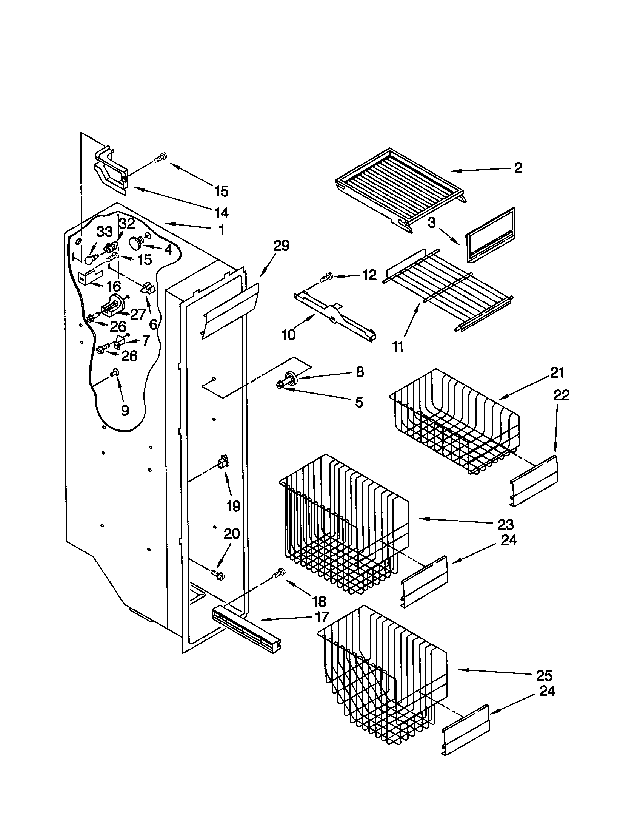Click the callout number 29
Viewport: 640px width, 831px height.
(x=282, y=246)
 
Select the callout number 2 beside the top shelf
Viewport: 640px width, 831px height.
(x=518, y=168)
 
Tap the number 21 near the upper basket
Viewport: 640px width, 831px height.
(x=557, y=372)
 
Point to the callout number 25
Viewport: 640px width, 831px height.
(x=544, y=675)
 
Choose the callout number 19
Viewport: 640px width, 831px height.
(x=233, y=506)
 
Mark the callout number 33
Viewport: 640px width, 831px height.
(x=105, y=231)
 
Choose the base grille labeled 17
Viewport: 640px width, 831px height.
(x=246, y=630)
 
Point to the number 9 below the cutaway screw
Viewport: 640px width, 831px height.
(x=125, y=410)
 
